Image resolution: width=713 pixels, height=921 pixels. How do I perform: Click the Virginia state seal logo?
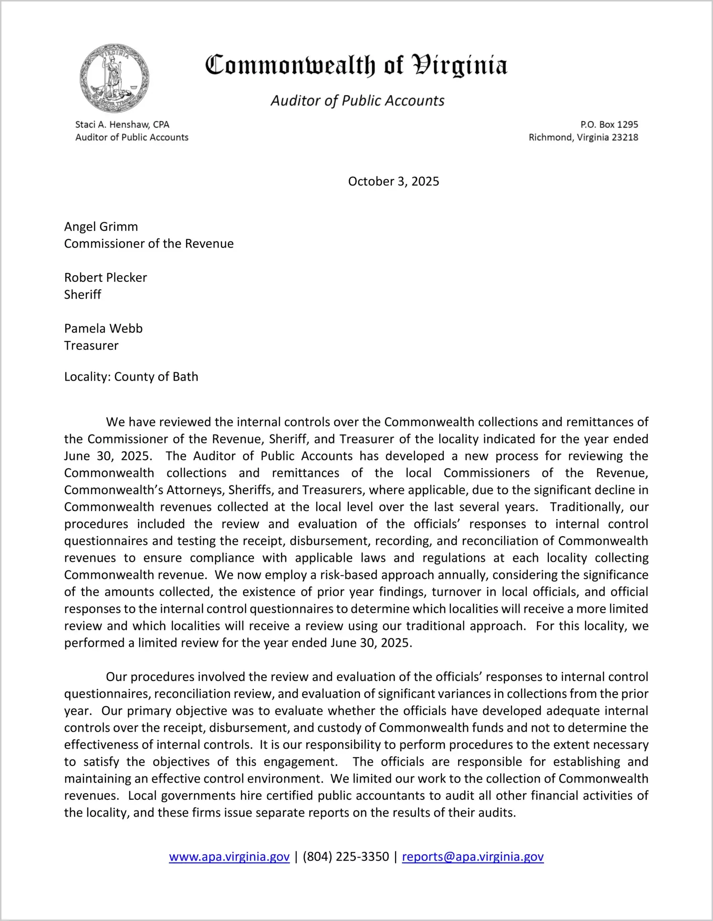pos(114,78)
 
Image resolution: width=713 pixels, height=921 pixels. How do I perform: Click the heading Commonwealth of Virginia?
pos(356,66)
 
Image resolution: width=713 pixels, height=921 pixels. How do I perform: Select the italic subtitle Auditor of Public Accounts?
pos(357,101)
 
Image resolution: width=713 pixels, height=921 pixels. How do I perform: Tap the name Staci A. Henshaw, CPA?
pos(122,124)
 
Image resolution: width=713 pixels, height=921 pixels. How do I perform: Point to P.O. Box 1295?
pos(609,124)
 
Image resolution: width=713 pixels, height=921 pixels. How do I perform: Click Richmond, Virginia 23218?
pos(583,137)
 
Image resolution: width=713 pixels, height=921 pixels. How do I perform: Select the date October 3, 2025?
pos(393,181)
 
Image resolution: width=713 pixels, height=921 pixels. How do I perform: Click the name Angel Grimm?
pos(101,227)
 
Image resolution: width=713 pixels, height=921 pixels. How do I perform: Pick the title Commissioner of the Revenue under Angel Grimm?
pos(149,244)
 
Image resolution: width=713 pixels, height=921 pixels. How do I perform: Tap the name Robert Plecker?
pos(105,278)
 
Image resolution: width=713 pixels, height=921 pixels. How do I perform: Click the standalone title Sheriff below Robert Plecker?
pos(83,295)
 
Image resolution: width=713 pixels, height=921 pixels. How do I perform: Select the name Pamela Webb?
pos(104,329)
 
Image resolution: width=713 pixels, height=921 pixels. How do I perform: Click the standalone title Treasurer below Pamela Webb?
pos(91,346)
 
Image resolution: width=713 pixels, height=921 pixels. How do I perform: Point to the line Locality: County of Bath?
pos(131,377)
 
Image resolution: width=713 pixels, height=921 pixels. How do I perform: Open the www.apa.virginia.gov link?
pos(229,857)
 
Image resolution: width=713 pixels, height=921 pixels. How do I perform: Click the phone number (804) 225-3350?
pos(346,857)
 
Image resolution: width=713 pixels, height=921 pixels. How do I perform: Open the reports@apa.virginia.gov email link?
pos(472,857)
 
